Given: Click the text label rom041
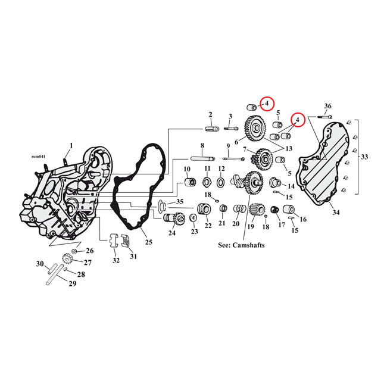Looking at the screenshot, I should [38, 157].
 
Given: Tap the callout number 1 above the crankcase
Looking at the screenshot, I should [71, 145].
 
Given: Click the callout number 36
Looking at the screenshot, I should [327, 106].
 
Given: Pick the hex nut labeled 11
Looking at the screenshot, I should [207, 180].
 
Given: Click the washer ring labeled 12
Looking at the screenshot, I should [221, 180].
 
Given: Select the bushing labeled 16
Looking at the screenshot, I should [291, 210].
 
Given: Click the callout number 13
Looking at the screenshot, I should [290, 148].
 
